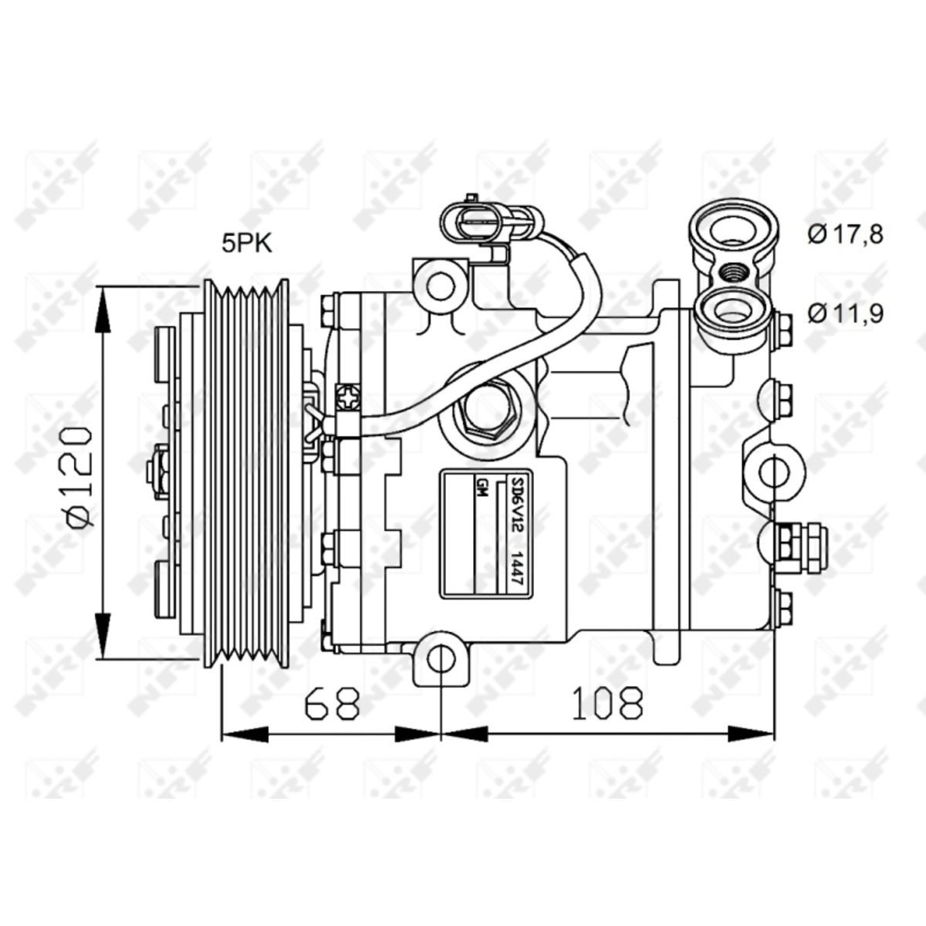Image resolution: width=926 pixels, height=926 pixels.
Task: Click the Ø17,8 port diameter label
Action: (x=845, y=233)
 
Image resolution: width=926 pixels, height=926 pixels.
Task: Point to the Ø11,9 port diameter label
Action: (x=845, y=313)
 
